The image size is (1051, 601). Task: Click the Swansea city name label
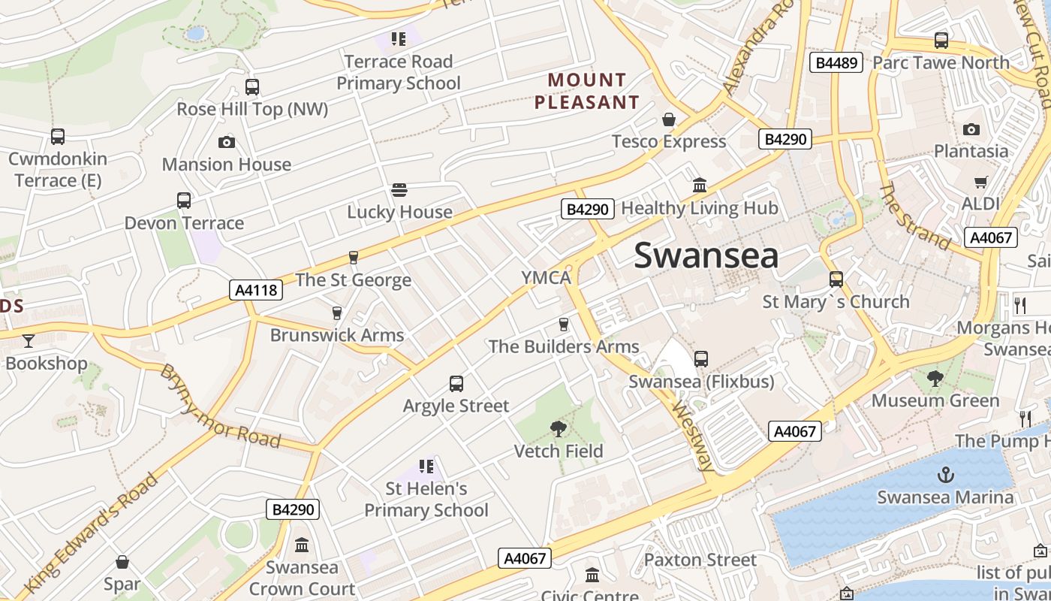(x=706, y=255)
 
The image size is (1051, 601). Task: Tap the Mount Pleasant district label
(x=586, y=91)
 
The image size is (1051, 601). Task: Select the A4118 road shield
(x=256, y=290)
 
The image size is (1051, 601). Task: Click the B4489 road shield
(x=836, y=62)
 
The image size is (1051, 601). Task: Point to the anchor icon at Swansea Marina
(x=945, y=475)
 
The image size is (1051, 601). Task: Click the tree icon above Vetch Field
(x=558, y=429)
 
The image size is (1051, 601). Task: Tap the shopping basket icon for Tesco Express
(x=668, y=119)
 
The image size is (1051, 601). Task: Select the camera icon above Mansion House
(x=226, y=142)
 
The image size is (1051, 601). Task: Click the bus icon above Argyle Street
(x=456, y=384)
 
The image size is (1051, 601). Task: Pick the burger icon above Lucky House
(x=399, y=190)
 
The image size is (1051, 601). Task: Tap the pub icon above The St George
(x=354, y=258)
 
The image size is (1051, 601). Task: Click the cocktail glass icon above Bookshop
(x=29, y=341)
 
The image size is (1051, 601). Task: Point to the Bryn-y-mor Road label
(x=220, y=406)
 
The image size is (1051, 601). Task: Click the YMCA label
(x=547, y=278)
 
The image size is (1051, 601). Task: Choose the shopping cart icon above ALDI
(x=980, y=182)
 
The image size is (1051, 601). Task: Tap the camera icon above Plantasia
(x=971, y=129)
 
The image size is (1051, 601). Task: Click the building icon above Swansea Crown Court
(x=302, y=545)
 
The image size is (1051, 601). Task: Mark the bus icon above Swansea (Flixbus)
(x=700, y=359)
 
